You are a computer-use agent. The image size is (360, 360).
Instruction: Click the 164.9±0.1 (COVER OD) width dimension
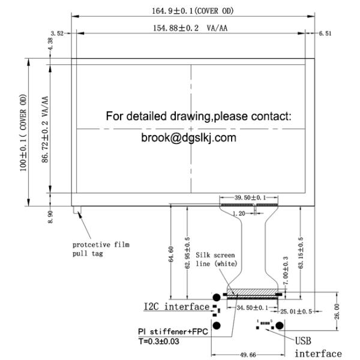coord(194,10)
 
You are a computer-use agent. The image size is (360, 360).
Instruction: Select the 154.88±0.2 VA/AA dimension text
coord(194,28)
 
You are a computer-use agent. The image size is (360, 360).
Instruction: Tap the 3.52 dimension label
coord(58,34)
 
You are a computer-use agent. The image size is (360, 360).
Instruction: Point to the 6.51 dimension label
coord(325,34)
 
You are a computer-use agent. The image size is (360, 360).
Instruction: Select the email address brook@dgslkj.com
coord(188,138)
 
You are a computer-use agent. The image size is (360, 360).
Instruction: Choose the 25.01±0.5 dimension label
coord(298,311)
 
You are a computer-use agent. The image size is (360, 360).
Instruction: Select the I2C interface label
coord(176,307)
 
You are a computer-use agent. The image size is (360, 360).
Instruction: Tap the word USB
coord(303,340)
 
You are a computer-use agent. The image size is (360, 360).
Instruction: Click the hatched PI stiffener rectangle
coord(252,293)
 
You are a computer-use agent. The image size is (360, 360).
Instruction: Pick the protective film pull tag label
coord(101,249)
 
